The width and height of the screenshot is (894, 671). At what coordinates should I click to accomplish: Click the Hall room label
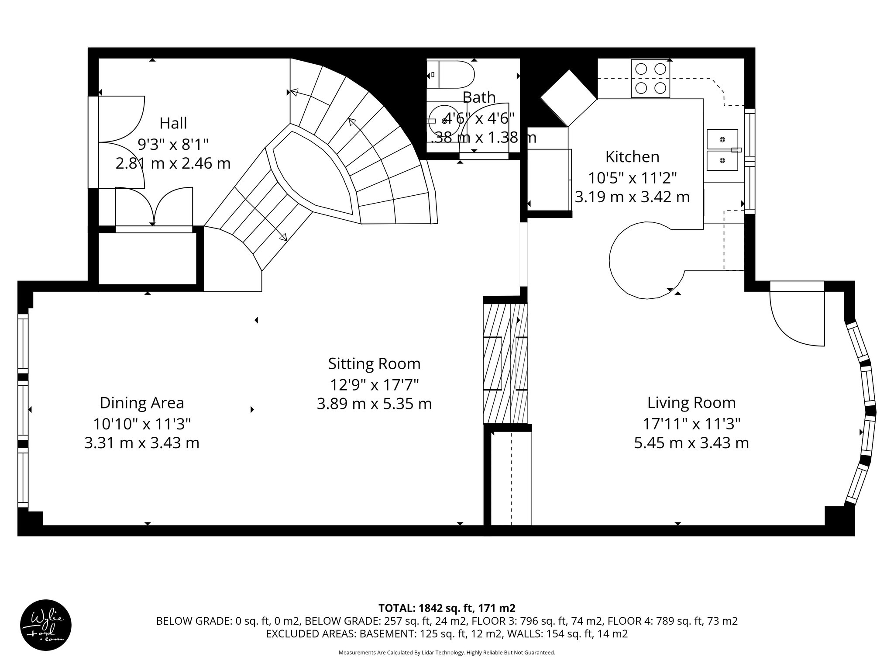point(173,123)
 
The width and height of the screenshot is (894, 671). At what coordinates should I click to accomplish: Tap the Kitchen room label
point(632,157)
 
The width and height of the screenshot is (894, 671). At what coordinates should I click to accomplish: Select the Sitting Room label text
point(374,364)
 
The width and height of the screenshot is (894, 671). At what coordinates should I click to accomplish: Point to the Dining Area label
point(142,403)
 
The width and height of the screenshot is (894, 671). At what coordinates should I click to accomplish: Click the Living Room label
point(691,403)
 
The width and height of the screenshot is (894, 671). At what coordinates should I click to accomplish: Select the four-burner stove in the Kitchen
point(650,79)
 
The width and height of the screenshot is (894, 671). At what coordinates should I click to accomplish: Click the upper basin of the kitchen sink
point(722,139)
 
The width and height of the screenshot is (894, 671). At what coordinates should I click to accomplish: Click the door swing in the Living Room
point(794,319)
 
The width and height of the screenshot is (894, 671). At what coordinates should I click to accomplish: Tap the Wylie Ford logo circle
point(46,625)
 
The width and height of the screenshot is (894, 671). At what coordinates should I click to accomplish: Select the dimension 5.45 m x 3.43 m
point(691,443)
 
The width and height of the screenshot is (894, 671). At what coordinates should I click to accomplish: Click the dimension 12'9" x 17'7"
point(374,384)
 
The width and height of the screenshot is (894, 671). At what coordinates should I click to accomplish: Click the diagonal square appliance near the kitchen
point(568,98)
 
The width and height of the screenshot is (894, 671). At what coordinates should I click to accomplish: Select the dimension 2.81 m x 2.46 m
point(173,163)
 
